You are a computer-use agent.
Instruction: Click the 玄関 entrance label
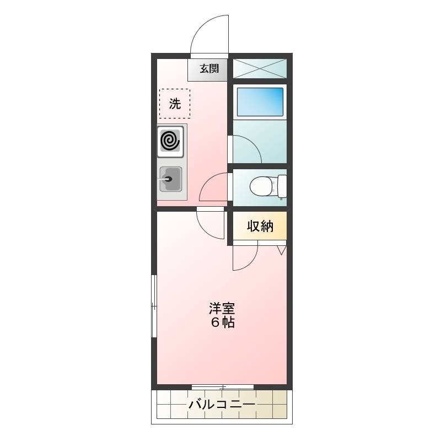[209, 68]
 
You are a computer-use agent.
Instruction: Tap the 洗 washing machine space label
[175, 104]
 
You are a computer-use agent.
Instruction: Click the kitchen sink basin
[171, 179]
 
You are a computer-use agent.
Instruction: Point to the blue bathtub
[260, 102]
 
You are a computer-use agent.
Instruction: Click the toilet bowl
[263, 186]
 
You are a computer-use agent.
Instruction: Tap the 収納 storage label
[260, 226]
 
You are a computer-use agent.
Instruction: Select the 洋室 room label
[222, 309]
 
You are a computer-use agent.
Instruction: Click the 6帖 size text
[223, 322]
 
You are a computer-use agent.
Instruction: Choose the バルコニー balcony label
[222, 405]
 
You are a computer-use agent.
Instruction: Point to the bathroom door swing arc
[253, 143]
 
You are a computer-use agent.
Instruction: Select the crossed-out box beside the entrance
[260, 68]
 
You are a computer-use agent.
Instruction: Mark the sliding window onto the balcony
[223, 387]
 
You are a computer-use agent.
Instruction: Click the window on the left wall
[154, 306]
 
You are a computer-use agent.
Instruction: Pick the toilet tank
[282, 186]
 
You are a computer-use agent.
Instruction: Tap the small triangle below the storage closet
[282, 250]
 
